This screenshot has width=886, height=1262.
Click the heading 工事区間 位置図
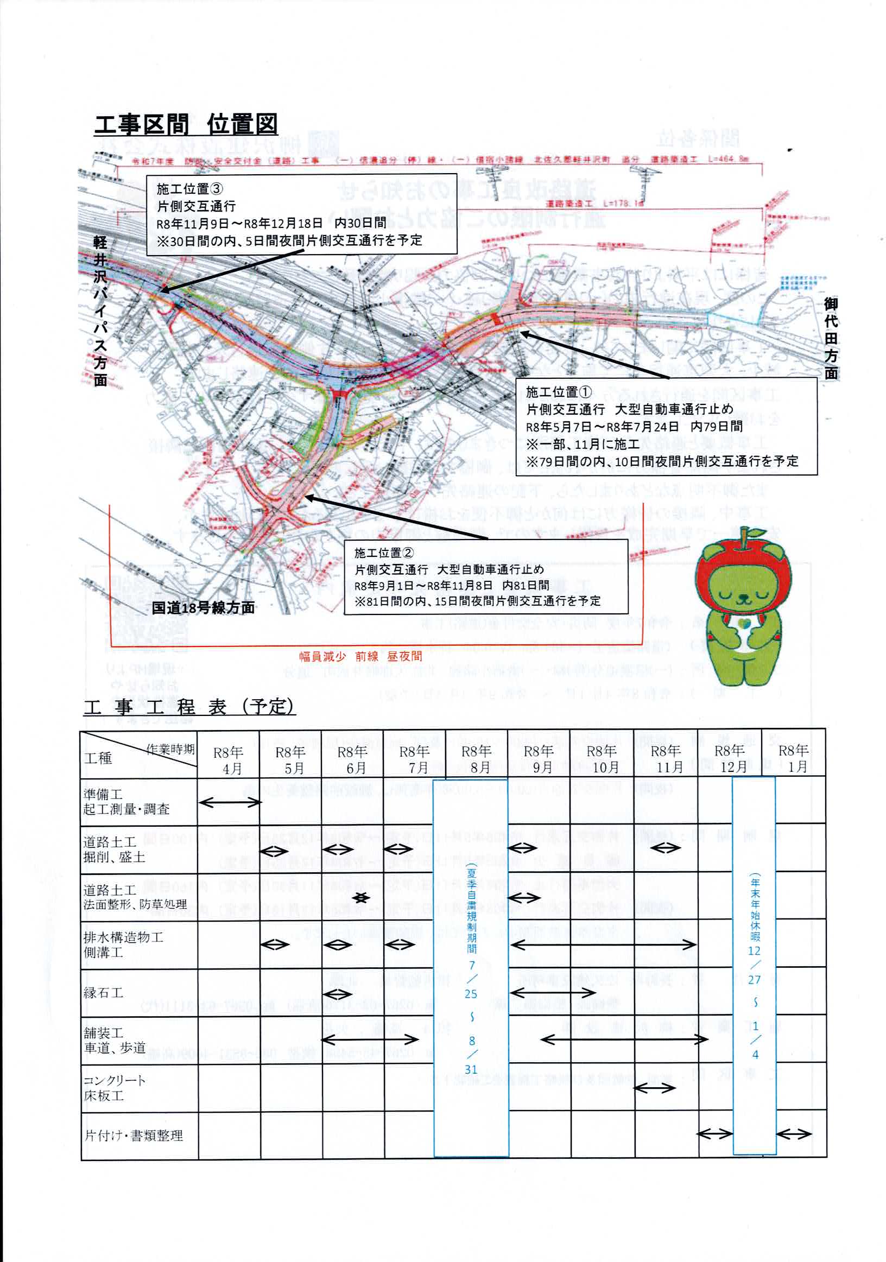coord(186,125)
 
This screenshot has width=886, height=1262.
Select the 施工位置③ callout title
coord(189,189)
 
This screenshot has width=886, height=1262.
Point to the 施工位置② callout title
coord(384,553)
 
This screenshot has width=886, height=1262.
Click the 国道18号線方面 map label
coord(203,607)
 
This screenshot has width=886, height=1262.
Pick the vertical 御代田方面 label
coord(831,338)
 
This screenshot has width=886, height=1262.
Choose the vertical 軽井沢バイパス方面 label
coord(99,312)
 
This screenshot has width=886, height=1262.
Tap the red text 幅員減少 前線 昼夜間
coord(360,656)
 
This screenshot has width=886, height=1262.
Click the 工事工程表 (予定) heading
coord(189,707)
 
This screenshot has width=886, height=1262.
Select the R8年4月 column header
coord(229,760)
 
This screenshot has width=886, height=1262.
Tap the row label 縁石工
coord(103,993)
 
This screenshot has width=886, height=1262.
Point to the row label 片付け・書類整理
coord(134,1136)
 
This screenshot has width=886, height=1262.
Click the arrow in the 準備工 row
coord(230,802)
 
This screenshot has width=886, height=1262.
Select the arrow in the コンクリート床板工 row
coord(654,1088)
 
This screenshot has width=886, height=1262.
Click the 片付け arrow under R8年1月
coord(794,1133)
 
